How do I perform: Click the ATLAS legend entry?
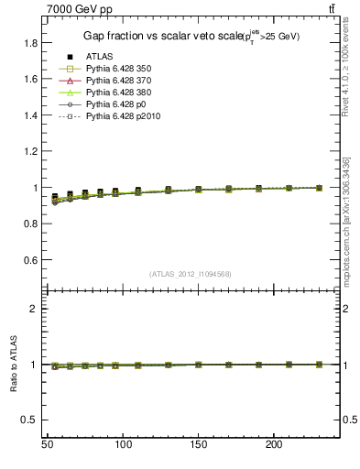99,56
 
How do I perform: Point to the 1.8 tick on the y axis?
30,43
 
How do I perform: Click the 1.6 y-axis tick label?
30,79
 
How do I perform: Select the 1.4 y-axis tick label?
30,115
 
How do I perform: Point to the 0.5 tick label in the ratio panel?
30,420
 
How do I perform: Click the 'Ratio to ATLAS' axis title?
15,365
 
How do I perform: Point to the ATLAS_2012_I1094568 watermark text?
191,273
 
